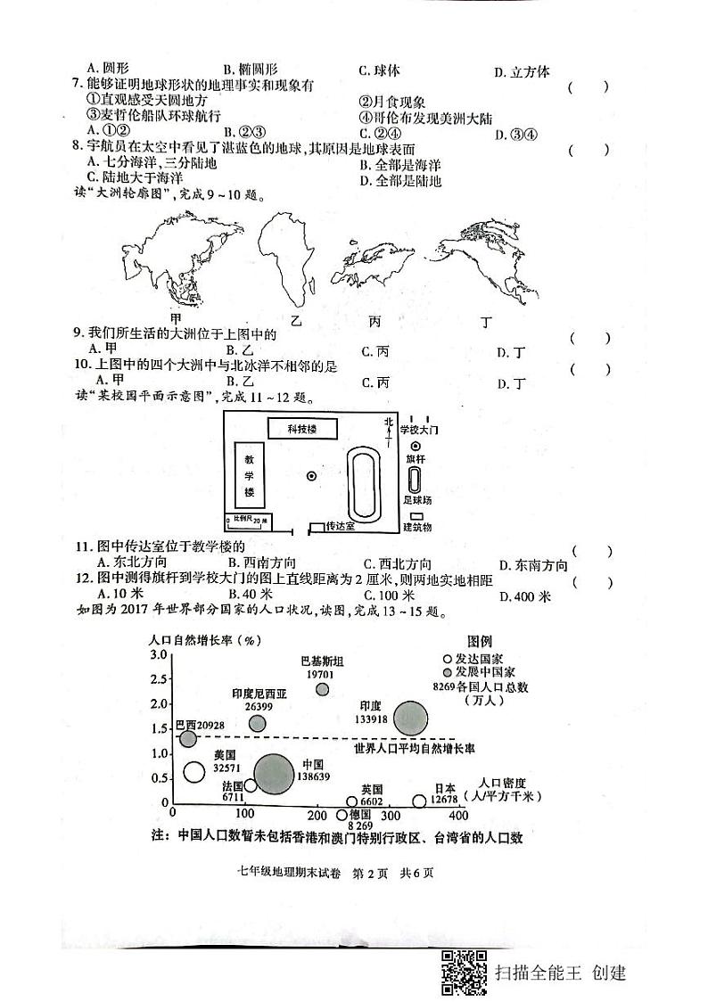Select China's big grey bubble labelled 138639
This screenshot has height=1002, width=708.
(x=273, y=774)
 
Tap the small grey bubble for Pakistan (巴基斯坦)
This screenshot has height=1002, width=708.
(x=322, y=689)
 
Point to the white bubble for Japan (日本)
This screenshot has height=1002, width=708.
(x=420, y=801)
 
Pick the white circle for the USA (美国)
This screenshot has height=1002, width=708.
(x=193, y=772)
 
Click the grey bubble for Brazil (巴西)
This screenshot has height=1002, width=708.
(x=188, y=739)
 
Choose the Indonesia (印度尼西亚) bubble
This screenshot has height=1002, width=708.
(x=258, y=723)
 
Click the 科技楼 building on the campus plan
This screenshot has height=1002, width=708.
(x=301, y=430)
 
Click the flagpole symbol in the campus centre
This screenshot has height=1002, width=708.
(x=310, y=477)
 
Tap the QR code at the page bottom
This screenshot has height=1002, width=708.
(x=464, y=971)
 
